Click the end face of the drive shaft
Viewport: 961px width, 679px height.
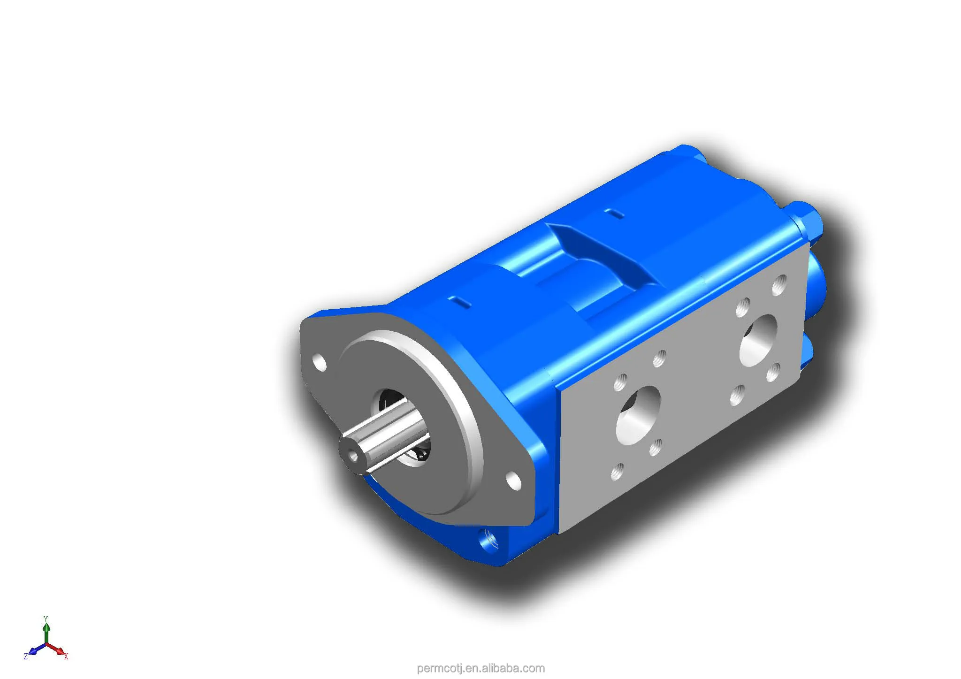[351, 453]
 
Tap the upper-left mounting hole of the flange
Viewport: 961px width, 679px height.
[320, 363]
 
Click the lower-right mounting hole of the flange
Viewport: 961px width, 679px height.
[514, 481]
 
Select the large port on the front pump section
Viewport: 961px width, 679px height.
[638, 415]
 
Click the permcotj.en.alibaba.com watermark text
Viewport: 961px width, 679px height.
[480, 668]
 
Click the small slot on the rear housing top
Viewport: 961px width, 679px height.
[614, 214]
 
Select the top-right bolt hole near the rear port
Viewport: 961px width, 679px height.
[779, 284]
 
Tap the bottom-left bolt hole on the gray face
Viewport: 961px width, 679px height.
[618, 471]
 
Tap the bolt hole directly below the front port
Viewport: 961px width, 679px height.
[656, 447]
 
